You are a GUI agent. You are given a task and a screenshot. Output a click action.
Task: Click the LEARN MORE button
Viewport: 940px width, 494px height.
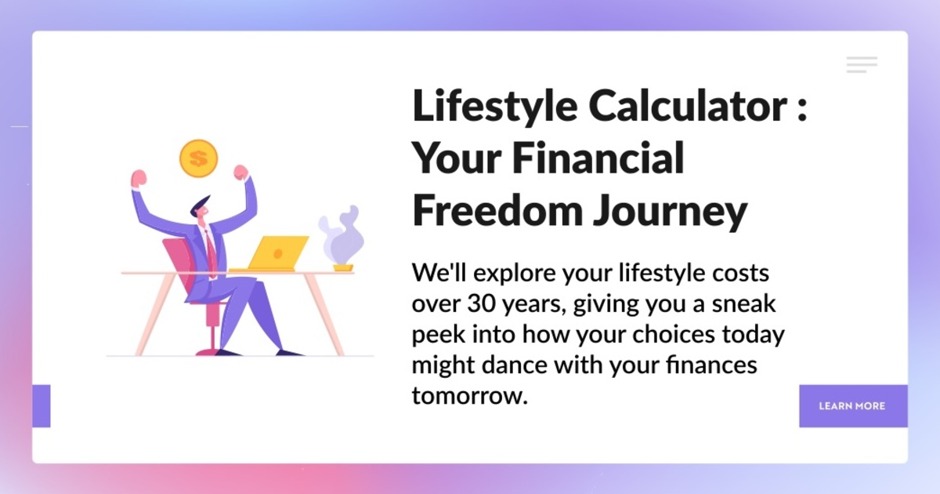click(x=852, y=406)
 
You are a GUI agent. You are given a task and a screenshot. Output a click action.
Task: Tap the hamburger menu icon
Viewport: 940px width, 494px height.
click(x=862, y=65)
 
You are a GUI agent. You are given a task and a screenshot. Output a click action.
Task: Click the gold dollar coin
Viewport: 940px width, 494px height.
click(x=198, y=158)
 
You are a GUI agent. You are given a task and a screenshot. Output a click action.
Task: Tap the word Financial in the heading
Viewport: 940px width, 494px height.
click(x=599, y=158)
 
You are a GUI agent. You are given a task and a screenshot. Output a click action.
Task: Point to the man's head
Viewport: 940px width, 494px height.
click(x=201, y=208)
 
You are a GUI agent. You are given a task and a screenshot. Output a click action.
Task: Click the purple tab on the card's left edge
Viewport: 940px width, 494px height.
click(x=41, y=406)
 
